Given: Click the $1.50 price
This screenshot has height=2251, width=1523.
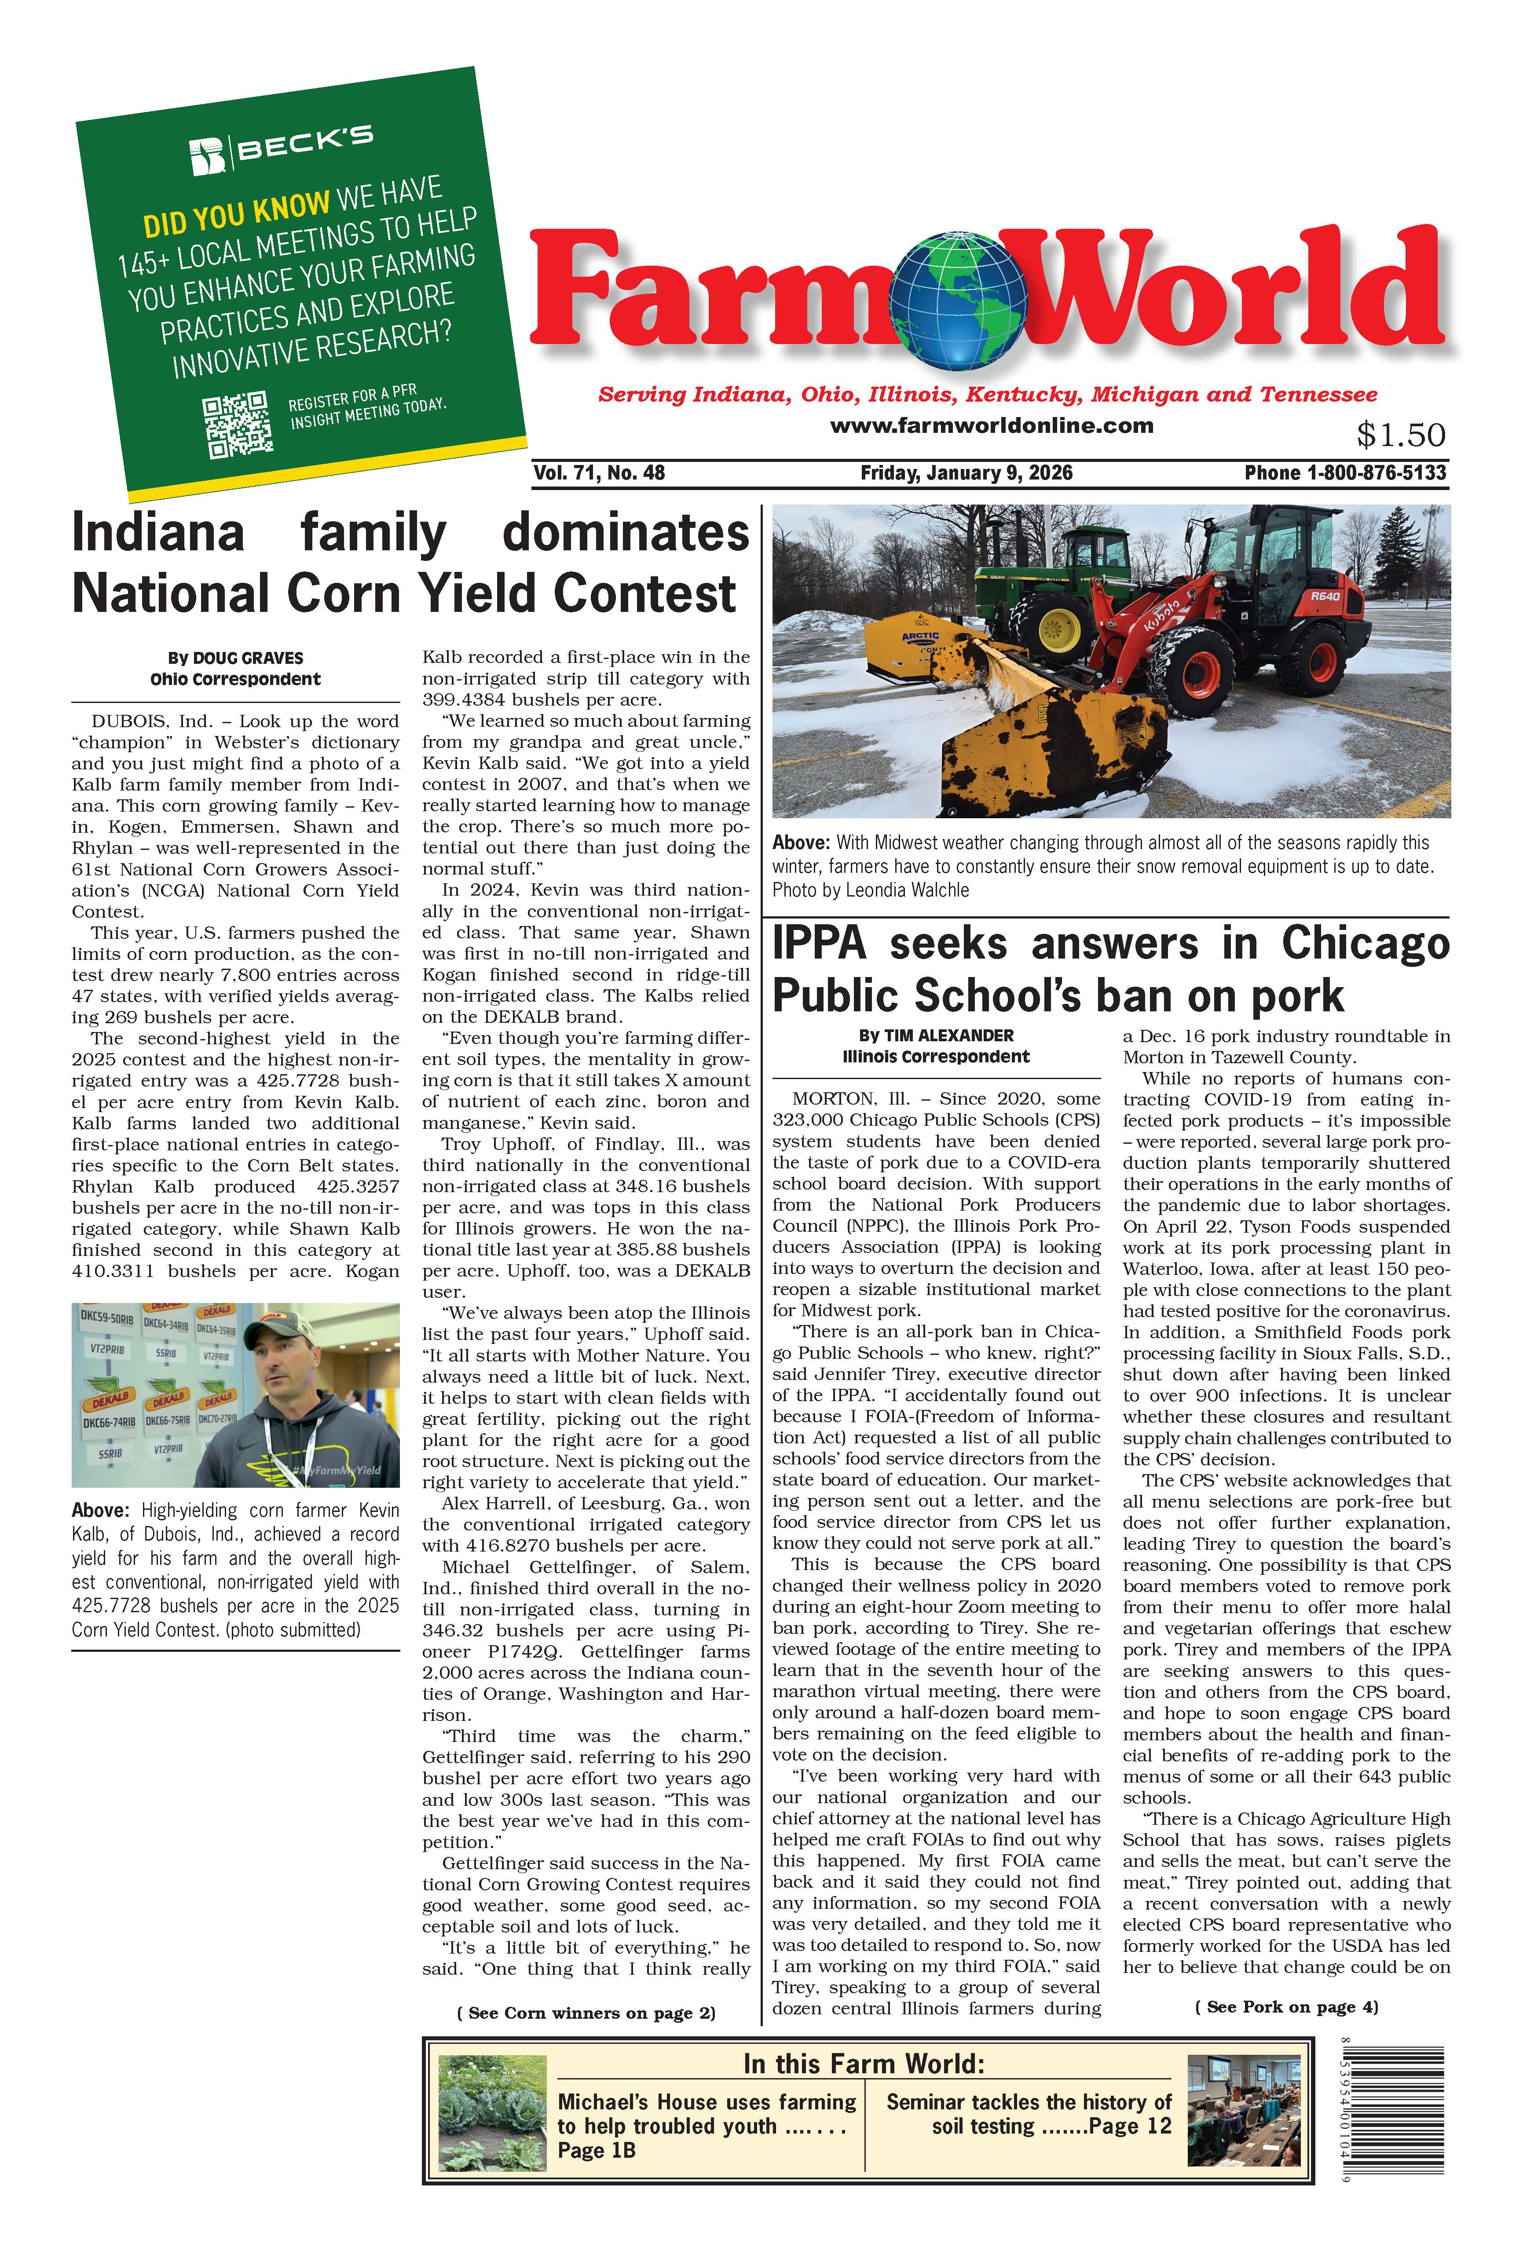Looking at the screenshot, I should point(1400,435).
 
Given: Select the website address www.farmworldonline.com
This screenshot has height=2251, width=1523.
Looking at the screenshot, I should point(991,425).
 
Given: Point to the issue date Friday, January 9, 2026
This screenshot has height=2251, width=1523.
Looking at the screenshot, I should point(966,472).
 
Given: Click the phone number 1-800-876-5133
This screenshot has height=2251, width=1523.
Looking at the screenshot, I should point(1376,472).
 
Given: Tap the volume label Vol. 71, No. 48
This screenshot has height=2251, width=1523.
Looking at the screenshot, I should point(599,472).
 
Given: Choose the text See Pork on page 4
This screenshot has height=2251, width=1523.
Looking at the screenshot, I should point(1285,2006).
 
